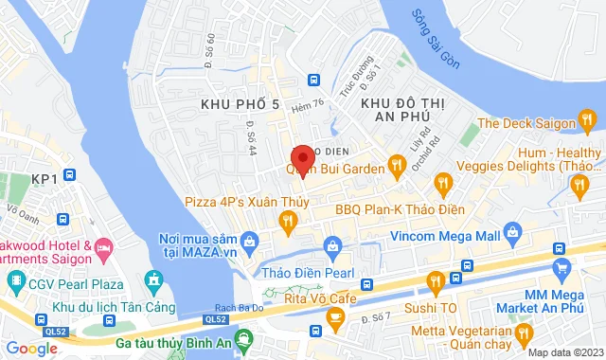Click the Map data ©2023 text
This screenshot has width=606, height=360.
coord(564,352)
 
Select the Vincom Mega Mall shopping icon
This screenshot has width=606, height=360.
coord(512,231)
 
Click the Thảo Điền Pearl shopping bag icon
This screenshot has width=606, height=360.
coord(332,247)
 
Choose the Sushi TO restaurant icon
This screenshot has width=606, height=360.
coord(435,279)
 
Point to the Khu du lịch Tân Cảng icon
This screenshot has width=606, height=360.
coord(153,279)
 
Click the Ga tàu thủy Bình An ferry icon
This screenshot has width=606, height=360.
coord(245,336)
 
